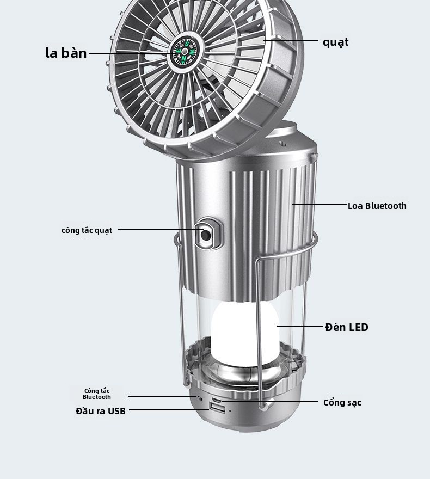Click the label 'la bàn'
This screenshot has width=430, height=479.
pos(66,53)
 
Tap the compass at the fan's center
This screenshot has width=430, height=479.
pos(184,52)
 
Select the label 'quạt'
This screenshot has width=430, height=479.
pos(336,42)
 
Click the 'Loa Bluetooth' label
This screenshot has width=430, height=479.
pos(377,206)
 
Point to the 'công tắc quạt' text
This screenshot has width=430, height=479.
pos(87,230)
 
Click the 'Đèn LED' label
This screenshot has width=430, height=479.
pos(347,327)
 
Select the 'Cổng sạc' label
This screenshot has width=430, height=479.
pos(342,403)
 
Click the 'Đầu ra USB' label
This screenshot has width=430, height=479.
pos(101,411)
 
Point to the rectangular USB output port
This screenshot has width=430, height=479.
pos(217,408)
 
